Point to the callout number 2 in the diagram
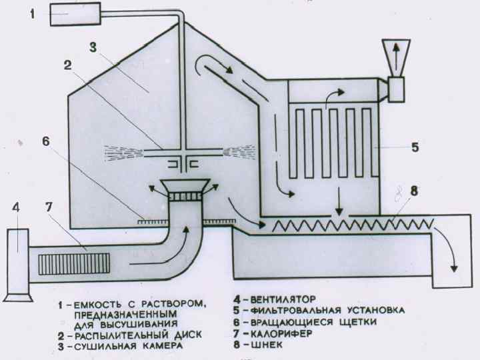(67, 66)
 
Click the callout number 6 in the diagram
(45, 142)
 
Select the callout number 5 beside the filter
(414, 147)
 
